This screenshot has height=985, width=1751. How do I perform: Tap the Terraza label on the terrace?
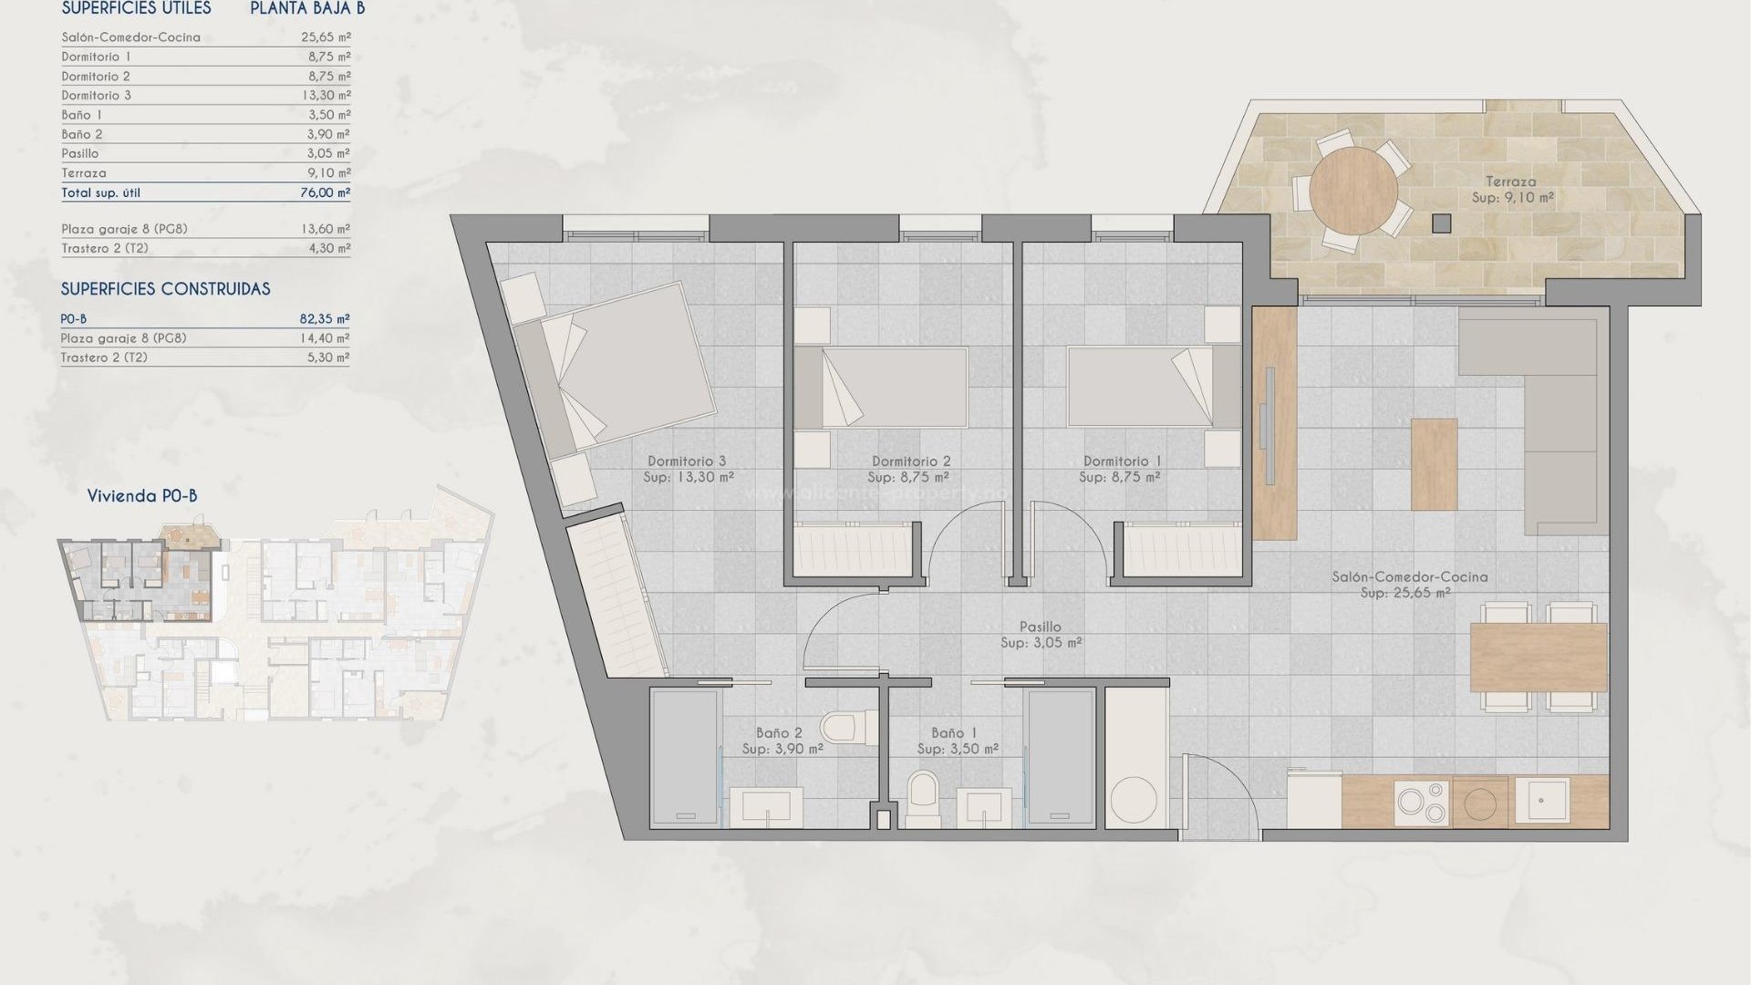click(x=1510, y=181)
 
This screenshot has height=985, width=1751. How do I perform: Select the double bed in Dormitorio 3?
click(x=629, y=365)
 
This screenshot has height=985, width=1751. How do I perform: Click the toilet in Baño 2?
click(x=839, y=729)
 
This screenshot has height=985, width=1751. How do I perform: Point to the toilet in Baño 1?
click(x=923, y=799)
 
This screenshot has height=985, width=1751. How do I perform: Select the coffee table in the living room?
click(x=1434, y=463)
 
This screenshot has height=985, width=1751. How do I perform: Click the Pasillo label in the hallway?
click(x=1040, y=627)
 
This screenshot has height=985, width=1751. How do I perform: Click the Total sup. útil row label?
click(x=101, y=192)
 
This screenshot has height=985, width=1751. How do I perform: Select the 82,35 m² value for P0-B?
click(x=325, y=319)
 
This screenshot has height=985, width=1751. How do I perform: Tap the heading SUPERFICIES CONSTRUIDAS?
click(x=165, y=289)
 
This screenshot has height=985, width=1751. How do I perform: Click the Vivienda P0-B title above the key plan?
click(x=142, y=496)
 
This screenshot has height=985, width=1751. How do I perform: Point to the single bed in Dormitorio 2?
click(x=881, y=388)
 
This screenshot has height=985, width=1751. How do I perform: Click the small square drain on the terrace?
click(x=1441, y=223)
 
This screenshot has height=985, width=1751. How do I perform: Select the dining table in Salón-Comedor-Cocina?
click(x=1539, y=657)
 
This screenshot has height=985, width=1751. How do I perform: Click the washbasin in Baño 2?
click(x=766, y=806)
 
